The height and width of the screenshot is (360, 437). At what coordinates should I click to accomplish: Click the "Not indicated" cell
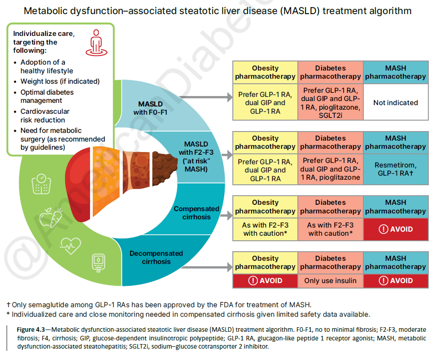pos(395,103)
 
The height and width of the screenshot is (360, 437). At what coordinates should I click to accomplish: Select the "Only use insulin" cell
pos(330,280)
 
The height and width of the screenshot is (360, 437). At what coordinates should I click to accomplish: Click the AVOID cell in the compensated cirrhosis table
pos(395,229)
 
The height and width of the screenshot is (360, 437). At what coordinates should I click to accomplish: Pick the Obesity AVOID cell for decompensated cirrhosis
pos(265,280)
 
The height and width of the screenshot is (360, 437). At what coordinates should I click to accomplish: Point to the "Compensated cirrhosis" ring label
pos(196,213)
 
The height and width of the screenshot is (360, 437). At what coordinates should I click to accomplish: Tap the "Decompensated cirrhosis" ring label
pos(156,257)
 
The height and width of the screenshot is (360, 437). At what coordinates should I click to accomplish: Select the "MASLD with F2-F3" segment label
pos(196,157)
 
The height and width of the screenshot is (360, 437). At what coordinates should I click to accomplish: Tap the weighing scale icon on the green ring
pos(40,183)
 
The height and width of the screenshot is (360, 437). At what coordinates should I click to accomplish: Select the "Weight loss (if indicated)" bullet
pos(60,81)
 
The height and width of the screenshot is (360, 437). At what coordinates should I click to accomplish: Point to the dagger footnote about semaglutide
pos(159,304)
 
